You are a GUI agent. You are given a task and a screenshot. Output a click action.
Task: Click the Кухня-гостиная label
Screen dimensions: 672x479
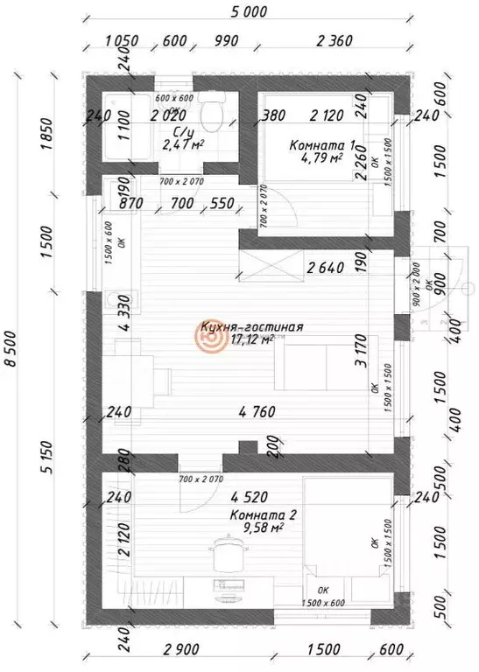coord(252,327)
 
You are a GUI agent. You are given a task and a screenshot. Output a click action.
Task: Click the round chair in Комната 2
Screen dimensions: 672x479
coord(229,554)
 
